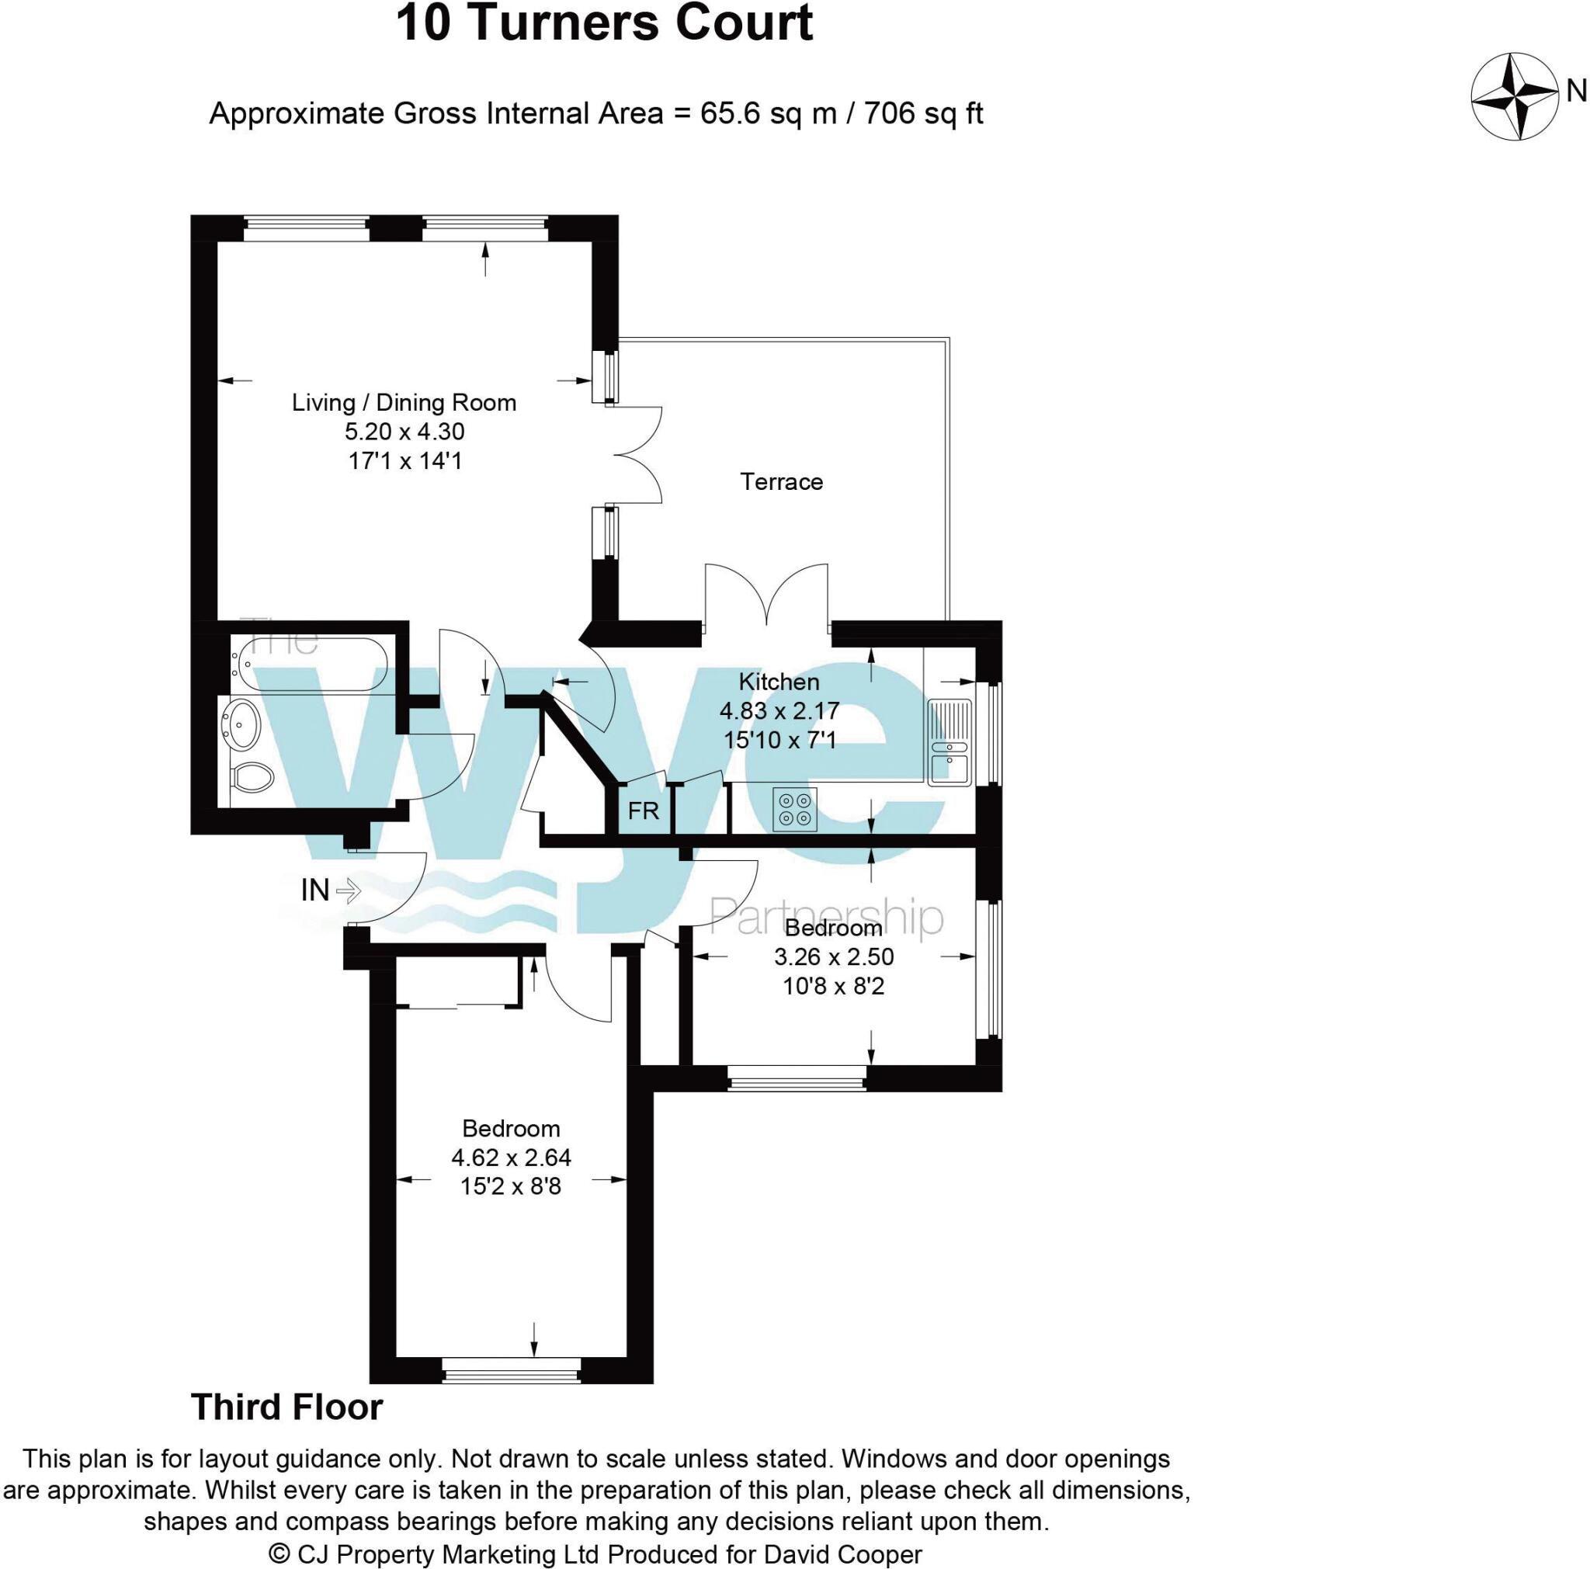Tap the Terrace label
781,482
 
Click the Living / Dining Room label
404,403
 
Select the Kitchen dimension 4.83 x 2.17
779,711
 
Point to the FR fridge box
643,811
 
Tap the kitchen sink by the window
949,742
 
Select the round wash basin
241,724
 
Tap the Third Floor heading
287,1408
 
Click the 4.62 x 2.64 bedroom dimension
511,1158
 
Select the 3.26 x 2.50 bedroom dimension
834,957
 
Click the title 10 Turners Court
604,23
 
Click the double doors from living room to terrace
638,454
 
